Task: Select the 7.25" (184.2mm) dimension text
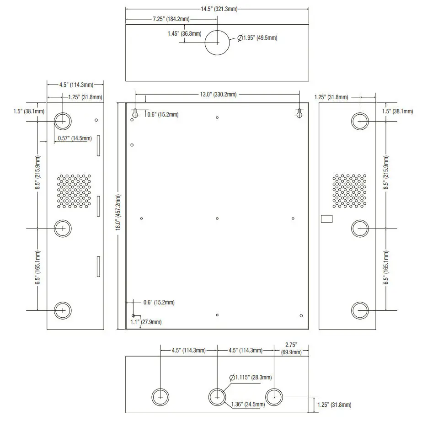[171, 19]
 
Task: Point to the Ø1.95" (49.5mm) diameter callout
[257, 38]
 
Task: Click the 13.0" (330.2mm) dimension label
[219, 95]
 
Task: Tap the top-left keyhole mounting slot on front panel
[135, 112]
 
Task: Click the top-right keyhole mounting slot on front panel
[299, 112]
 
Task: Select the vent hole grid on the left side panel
[74, 191]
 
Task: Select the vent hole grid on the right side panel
[350, 191]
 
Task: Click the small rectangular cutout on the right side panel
[327, 219]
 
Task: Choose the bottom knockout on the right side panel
[360, 310]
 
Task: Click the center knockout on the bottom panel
[217, 397]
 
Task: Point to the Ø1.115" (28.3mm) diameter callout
[251, 378]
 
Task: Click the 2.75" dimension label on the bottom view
[291, 348]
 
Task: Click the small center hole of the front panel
[217, 218]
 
